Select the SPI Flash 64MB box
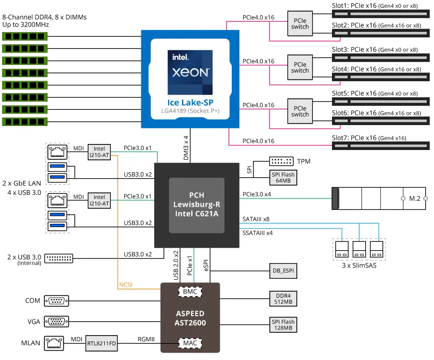point(283,177)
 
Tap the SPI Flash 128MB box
point(283,324)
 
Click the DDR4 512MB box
point(283,299)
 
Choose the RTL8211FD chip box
point(102,343)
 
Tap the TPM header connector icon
point(281,161)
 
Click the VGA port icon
point(57,322)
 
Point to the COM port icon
point(57,301)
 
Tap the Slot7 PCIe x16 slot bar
point(380,146)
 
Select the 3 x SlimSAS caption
point(359,265)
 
